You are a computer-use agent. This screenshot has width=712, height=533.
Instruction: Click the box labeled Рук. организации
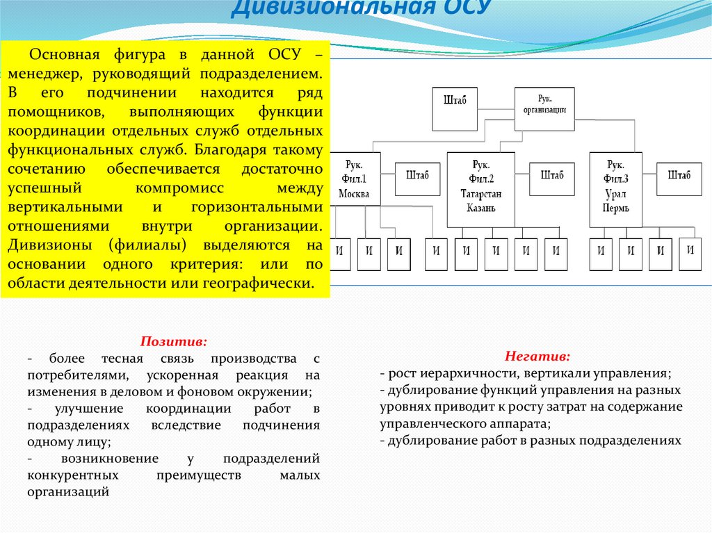[x=544, y=108]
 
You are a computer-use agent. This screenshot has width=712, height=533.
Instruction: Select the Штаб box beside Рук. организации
[x=454, y=108]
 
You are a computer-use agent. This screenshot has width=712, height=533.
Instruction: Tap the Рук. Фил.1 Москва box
[x=354, y=179]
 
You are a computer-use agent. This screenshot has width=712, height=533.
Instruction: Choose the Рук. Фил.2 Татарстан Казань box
[x=480, y=189]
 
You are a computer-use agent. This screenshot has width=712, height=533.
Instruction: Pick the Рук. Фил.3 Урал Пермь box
[x=615, y=189]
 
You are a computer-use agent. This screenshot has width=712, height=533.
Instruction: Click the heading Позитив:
[x=174, y=342]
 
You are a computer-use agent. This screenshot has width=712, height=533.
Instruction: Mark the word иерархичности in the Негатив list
[x=466, y=373]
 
